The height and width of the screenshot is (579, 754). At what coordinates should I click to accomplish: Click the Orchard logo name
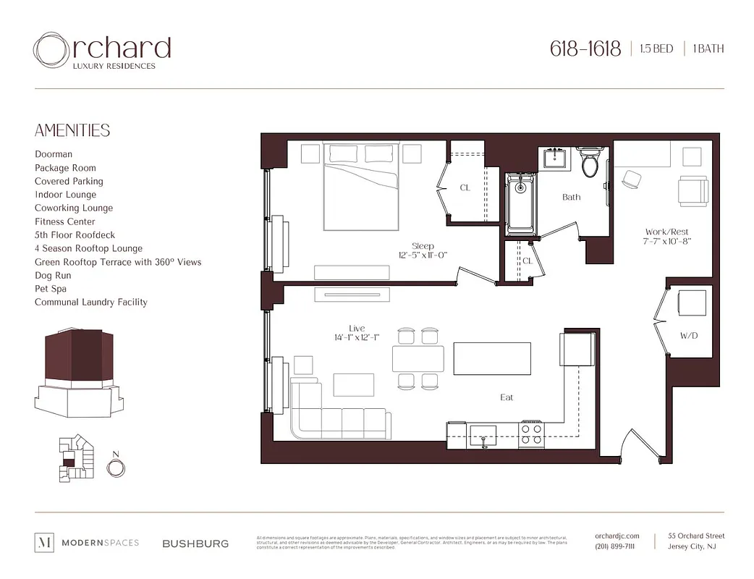[x=102, y=49]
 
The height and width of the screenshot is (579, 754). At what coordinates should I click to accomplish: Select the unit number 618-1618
[x=585, y=49]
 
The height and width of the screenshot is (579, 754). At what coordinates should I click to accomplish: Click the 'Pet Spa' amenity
[x=51, y=289]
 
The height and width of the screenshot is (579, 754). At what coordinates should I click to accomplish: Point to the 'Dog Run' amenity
[x=54, y=276]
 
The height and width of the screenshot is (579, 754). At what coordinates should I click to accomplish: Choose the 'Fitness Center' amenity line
[x=65, y=221]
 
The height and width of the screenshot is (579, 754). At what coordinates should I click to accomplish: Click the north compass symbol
[x=115, y=467]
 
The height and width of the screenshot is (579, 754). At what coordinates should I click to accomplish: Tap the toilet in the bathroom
[x=590, y=164]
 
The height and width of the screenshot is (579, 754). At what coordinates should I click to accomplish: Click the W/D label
[x=688, y=336]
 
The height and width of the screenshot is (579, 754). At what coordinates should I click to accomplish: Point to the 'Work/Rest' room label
[x=666, y=232]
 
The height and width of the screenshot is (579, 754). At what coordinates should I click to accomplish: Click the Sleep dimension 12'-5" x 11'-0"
[x=423, y=255]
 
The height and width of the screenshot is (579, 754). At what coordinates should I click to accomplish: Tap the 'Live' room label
[x=357, y=328]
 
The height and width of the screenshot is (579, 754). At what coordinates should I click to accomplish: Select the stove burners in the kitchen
[x=532, y=433]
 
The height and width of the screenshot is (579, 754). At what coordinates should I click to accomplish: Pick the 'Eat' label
[x=507, y=397]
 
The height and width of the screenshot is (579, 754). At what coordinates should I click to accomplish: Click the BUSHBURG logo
[x=195, y=543]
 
